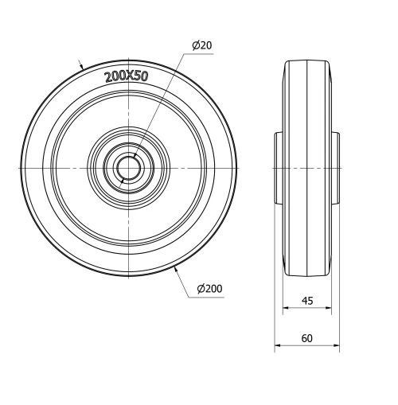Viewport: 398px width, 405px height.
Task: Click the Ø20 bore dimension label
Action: pyautogui.click(x=202, y=45)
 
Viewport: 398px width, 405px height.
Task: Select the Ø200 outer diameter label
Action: pyautogui.click(x=208, y=287)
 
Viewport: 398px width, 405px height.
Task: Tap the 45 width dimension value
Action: pyautogui.click(x=306, y=300)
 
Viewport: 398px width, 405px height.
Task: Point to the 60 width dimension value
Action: pyautogui.click(x=306, y=338)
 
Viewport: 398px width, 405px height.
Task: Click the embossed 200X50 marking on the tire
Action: pyautogui.click(x=126, y=76)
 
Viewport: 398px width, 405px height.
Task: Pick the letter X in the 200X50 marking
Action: pyautogui.click(x=127, y=76)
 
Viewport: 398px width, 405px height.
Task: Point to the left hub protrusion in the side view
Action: pyautogui.click(x=280, y=168)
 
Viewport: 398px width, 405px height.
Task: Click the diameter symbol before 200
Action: pyautogui.click(x=199, y=287)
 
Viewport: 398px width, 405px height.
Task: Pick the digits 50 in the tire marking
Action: pyautogui.click(x=140, y=76)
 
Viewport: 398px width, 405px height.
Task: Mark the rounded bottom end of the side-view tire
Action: pyautogui.click(x=307, y=273)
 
